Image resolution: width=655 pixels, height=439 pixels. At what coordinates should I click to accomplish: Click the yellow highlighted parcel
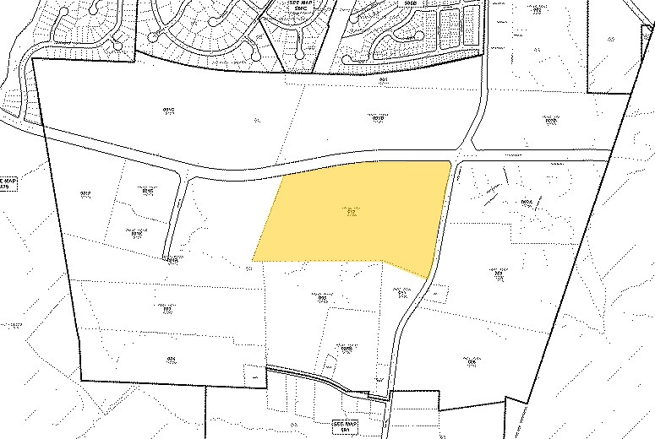355,215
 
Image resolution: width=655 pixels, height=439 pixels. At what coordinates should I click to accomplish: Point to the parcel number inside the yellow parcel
349,212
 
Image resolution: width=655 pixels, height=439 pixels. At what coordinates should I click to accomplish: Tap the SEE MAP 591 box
345,427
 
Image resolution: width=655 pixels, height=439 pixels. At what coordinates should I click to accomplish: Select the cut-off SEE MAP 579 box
9,183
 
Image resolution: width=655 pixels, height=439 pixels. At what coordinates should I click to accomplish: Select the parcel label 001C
167,111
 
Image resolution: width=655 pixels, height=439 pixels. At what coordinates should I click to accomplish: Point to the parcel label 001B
379,118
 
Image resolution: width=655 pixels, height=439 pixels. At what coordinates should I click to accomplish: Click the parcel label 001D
552,120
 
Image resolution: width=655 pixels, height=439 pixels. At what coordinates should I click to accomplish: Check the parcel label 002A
527,202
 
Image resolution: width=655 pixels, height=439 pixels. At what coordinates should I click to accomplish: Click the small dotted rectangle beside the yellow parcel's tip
435,291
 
